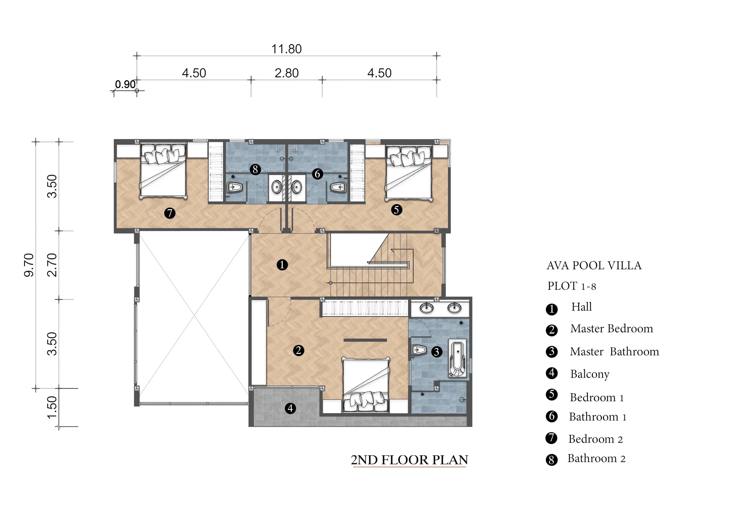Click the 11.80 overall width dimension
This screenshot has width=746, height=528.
pyautogui.click(x=286, y=49)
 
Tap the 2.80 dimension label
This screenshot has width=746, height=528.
pyautogui.click(x=287, y=73)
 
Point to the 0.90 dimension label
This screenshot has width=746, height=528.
pyautogui.click(x=125, y=84)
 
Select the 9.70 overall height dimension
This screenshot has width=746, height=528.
pyautogui.click(x=29, y=265)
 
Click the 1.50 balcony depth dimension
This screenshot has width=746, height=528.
pyautogui.click(x=52, y=407)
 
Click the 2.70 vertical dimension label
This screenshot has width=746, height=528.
pyautogui.click(x=52, y=265)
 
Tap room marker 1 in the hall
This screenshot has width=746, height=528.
pyautogui.click(x=282, y=265)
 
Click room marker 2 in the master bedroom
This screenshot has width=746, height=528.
pyautogui.click(x=298, y=350)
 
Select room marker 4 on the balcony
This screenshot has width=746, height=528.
pyautogui.click(x=290, y=408)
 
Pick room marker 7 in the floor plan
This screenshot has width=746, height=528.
pyautogui.click(x=169, y=213)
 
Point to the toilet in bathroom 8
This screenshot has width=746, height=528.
pyautogui.click(x=234, y=187)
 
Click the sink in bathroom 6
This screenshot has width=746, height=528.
pyautogui.click(x=297, y=187)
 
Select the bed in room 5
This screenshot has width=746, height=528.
pyautogui.click(x=408, y=173)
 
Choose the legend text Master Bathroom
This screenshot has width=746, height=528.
pyautogui.click(x=614, y=351)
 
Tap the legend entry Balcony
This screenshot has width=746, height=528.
pyautogui.click(x=590, y=374)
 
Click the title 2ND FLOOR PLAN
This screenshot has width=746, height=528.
pyautogui.click(x=410, y=460)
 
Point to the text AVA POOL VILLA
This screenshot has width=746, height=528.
pyautogui.click(x=594, y=266)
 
